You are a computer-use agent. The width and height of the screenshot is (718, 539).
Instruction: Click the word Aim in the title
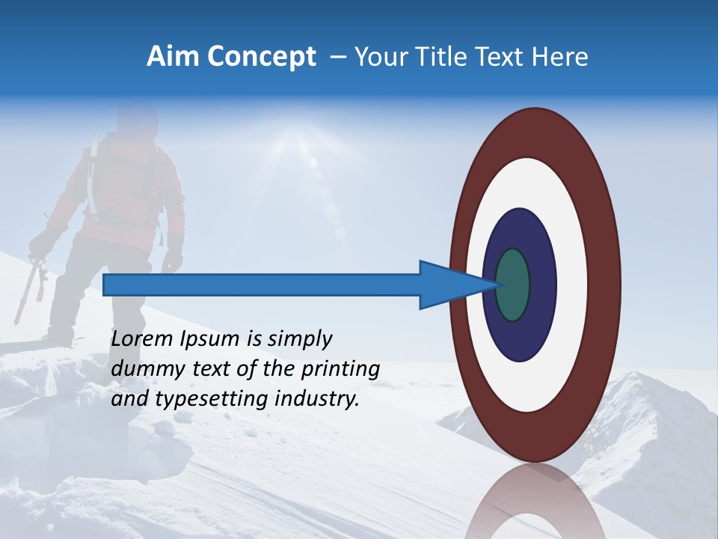pos(173,57)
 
